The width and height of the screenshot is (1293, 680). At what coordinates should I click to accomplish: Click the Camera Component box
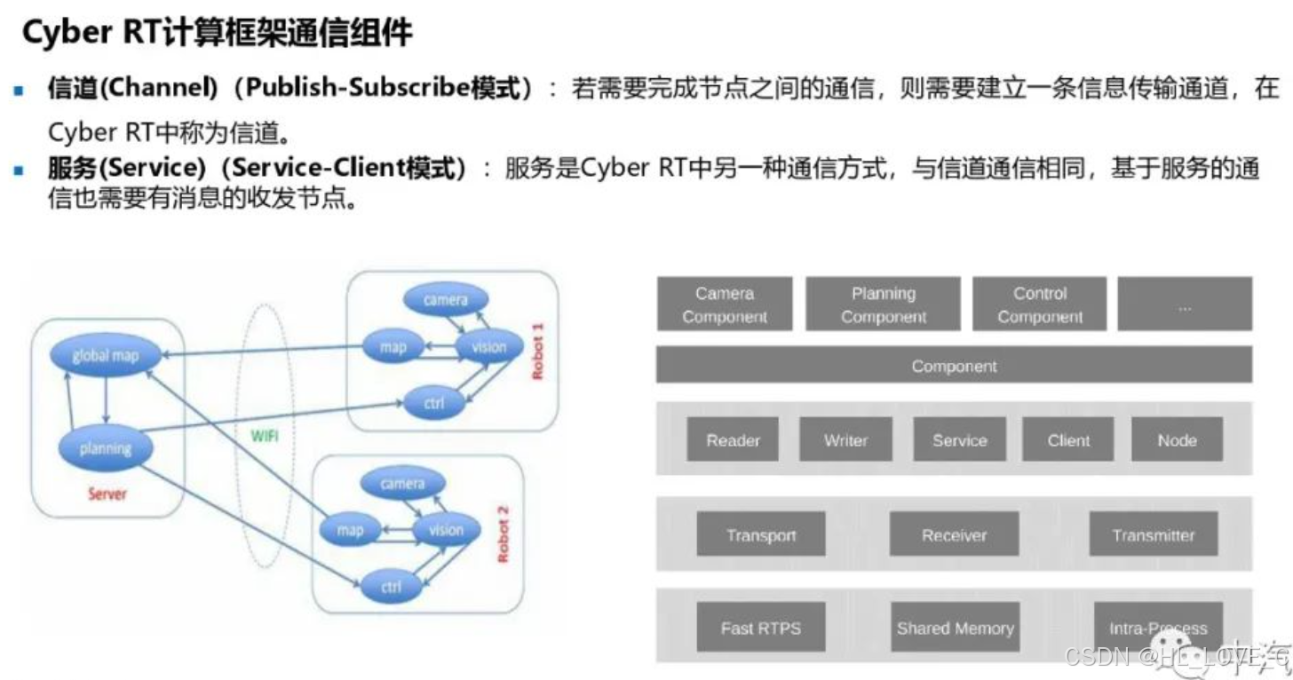point(725,304)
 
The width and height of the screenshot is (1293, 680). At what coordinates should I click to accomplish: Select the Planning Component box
point(883,304)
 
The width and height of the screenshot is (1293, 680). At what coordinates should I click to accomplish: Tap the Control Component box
point(1039,304)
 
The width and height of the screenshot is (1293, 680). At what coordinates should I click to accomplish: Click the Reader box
point(733,439)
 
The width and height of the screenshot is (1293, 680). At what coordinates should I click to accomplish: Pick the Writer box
point(845,439)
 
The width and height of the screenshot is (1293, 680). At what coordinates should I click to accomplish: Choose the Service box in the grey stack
point(959,439)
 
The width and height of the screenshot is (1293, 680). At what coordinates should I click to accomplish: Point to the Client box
point(1068,439)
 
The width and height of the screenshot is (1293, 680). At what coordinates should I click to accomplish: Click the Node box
point(1177,439)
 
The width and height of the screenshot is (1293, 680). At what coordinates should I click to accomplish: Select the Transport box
point(761,534)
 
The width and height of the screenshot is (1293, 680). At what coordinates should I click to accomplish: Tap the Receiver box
point(954,534)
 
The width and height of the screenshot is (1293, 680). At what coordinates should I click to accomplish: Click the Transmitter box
point(1154,534)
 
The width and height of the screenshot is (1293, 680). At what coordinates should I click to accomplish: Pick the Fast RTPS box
point(761,628)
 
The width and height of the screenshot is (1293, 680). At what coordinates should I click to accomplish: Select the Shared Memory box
point(955,628)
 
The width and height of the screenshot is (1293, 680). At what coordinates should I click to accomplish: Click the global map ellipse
point(106,355)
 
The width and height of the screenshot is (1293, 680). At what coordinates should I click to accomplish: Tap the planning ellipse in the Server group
point(106,448)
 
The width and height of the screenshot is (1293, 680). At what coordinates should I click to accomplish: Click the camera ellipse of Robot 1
point(446,300)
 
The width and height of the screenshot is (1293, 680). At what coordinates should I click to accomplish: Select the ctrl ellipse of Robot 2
point(391,587)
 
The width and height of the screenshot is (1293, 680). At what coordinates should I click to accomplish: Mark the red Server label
point(107,494)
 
